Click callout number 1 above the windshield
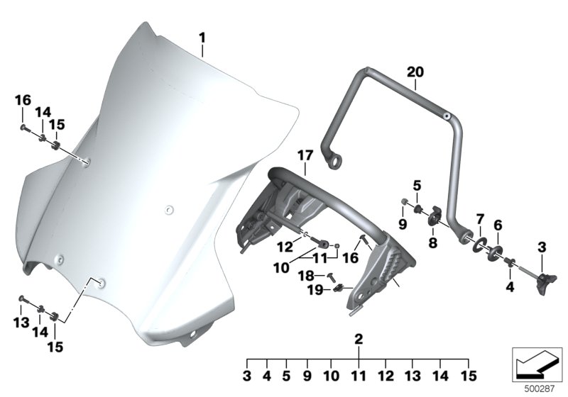tap(202, 38)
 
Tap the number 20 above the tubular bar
tap(415, 72)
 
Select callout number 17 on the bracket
tap(305, 156)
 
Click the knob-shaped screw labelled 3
tap(545, 284)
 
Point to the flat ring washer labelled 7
tap(479, 245)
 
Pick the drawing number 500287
tap(540, 389)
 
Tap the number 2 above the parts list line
tap(359, 339)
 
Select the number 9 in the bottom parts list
tap(307, 376)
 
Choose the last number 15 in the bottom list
tap(469, 376)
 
